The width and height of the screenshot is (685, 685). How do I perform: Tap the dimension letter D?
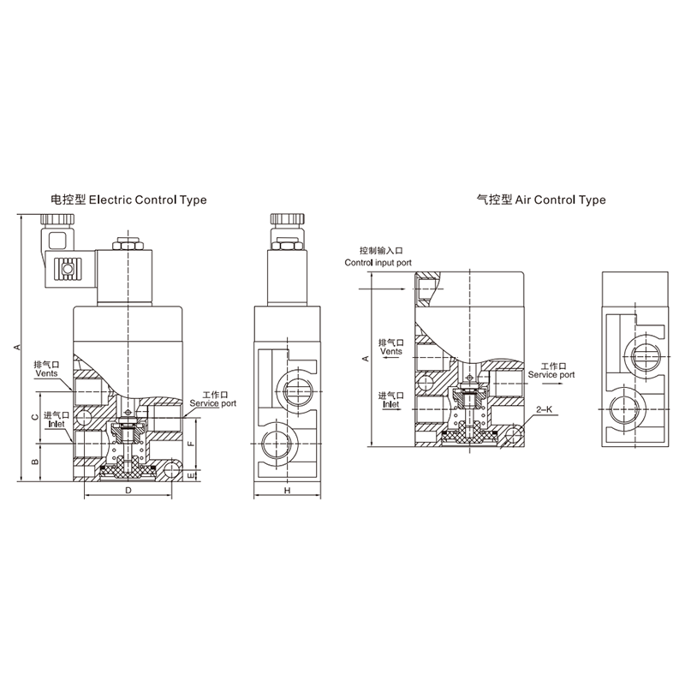(x=128, y=490)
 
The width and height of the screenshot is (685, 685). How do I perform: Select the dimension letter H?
(x=287, y=490)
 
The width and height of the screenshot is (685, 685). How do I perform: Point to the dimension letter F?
(x=190, y=444)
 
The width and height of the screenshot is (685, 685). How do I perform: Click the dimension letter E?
(x=190, y=475)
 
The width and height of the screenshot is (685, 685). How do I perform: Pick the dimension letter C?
(x=36, y=417)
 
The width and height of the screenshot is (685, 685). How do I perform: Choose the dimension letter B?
(x=36, y=462)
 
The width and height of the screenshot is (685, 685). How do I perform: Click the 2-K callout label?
(x=545, y=409)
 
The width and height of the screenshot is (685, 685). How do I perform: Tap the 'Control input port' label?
(x=378, y=263)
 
